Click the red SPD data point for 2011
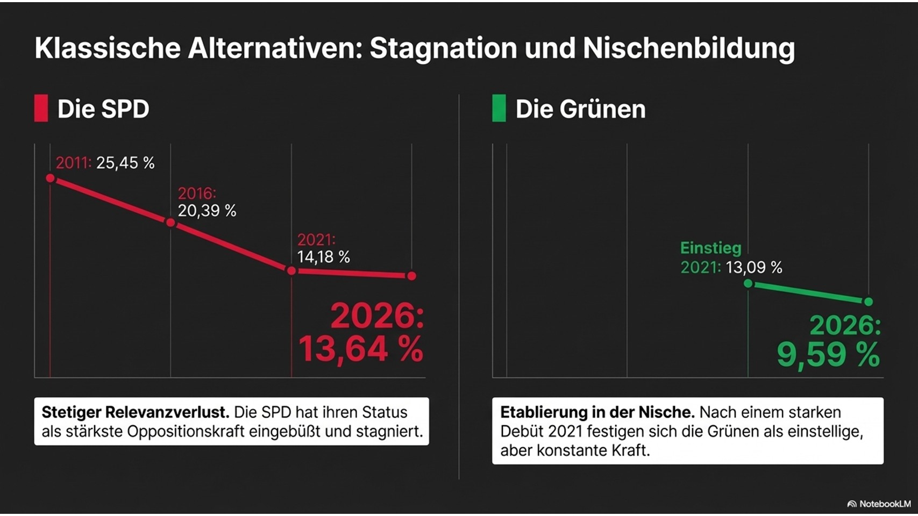click(x=50, y=178)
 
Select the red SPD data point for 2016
click(x=170, y=223)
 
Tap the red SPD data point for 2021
click(x=291, y=271)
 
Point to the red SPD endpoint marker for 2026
click(x=411, y=276)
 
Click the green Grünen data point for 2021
click(x=748, y=283)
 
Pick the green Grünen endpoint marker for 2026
click(x=868, y=302)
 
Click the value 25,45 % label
click(x=125, y=163)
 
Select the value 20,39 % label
click(x=207, y=211)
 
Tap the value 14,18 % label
click(x=323, y=257)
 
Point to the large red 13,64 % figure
click(x=361, y=349)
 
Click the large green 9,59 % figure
click(x=828, y=355)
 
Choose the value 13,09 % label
click(x=753, y=267)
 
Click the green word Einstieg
click(x=710, y=248)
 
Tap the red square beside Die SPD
click(x=41, y=108)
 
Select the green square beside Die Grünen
click(x=499, y=108)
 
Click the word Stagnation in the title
click(x=443, y=48)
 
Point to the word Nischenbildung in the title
click(x=688, y=48)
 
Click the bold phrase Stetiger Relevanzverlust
click(x=136, y=412)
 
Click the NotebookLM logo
click(x=879, y=504)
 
